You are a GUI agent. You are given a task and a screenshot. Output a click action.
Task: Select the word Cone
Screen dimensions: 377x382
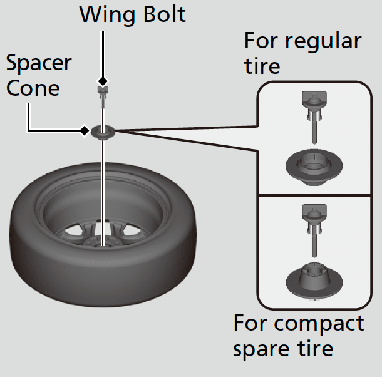tap(33, 88)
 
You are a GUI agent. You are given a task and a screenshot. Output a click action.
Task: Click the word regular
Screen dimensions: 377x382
tap(323, 41)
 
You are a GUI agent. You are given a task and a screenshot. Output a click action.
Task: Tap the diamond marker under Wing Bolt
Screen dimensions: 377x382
tap(102, 81)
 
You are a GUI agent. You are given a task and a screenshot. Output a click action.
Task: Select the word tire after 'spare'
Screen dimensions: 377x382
tap(313, 349)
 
